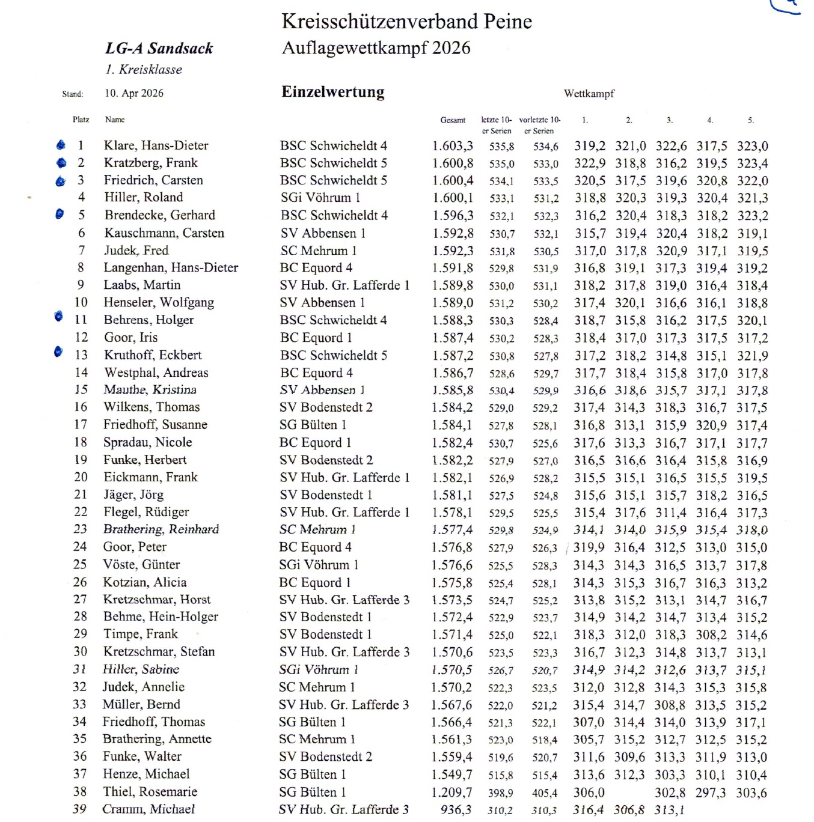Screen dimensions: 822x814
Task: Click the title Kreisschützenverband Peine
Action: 406,22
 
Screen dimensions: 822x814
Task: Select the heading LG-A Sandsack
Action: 159,49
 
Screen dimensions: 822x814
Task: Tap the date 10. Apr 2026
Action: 134,93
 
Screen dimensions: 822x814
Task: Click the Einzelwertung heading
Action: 333,92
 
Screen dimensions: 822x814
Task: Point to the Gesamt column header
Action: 453,120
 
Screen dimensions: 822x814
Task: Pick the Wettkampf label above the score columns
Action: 589,94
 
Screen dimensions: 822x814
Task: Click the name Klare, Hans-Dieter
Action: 156,145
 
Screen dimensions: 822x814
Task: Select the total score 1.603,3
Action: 452,146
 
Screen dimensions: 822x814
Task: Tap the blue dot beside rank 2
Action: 61,163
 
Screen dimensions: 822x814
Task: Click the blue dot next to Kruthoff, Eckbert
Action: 58,352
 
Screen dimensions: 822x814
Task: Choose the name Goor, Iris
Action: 130,338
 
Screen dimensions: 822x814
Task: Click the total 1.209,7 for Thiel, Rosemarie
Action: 451,793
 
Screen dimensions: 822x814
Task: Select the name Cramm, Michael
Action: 148,809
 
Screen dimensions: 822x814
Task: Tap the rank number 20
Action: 81,477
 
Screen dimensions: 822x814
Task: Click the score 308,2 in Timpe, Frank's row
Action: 711,635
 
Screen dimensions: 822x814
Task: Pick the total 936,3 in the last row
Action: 456,810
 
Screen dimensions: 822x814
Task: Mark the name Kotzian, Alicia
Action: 144,582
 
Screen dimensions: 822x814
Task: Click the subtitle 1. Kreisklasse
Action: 144,70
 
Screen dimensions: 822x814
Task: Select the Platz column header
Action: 81,120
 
